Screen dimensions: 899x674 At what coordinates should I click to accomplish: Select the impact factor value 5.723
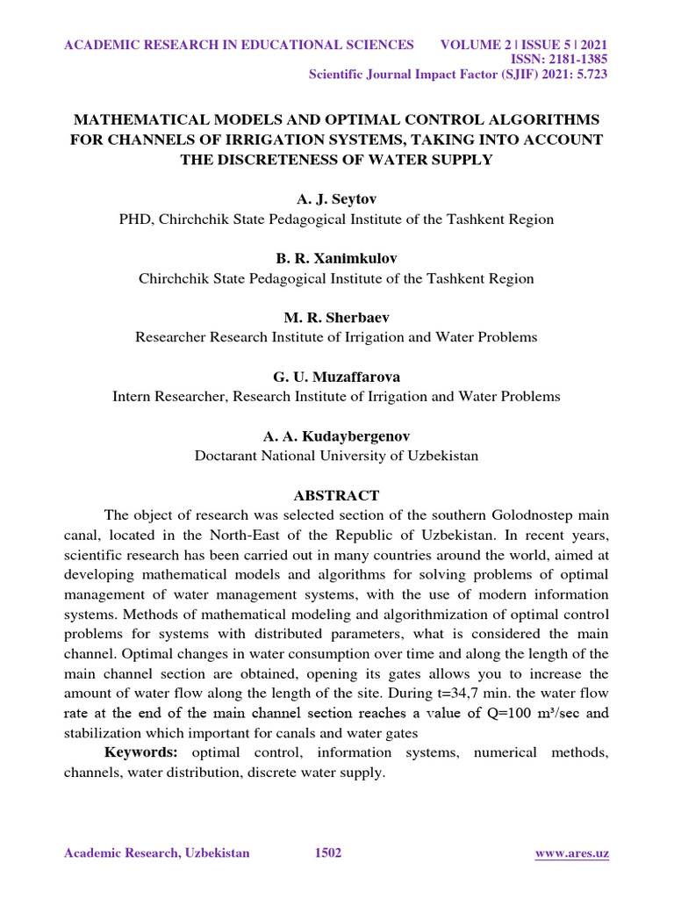click(x=587, y=75)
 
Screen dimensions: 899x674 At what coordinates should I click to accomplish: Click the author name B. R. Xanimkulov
click(x=336, y=259)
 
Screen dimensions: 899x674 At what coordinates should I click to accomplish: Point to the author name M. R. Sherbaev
click(x=336, y=318)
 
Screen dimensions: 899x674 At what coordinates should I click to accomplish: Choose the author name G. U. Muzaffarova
click(x=336, y=377)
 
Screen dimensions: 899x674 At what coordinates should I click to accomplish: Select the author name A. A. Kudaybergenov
click(x=336, y=435)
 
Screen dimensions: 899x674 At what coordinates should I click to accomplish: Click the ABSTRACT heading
click(x=336, y=495)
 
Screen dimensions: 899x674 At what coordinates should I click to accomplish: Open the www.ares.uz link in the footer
click(x=572, y=853)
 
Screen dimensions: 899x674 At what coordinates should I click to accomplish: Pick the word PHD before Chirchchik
click(x=136, y=219)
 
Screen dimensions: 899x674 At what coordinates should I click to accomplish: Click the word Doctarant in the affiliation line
click(x=229, y=456)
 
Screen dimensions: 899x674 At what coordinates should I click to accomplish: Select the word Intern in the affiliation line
click(x=133, y=397)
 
